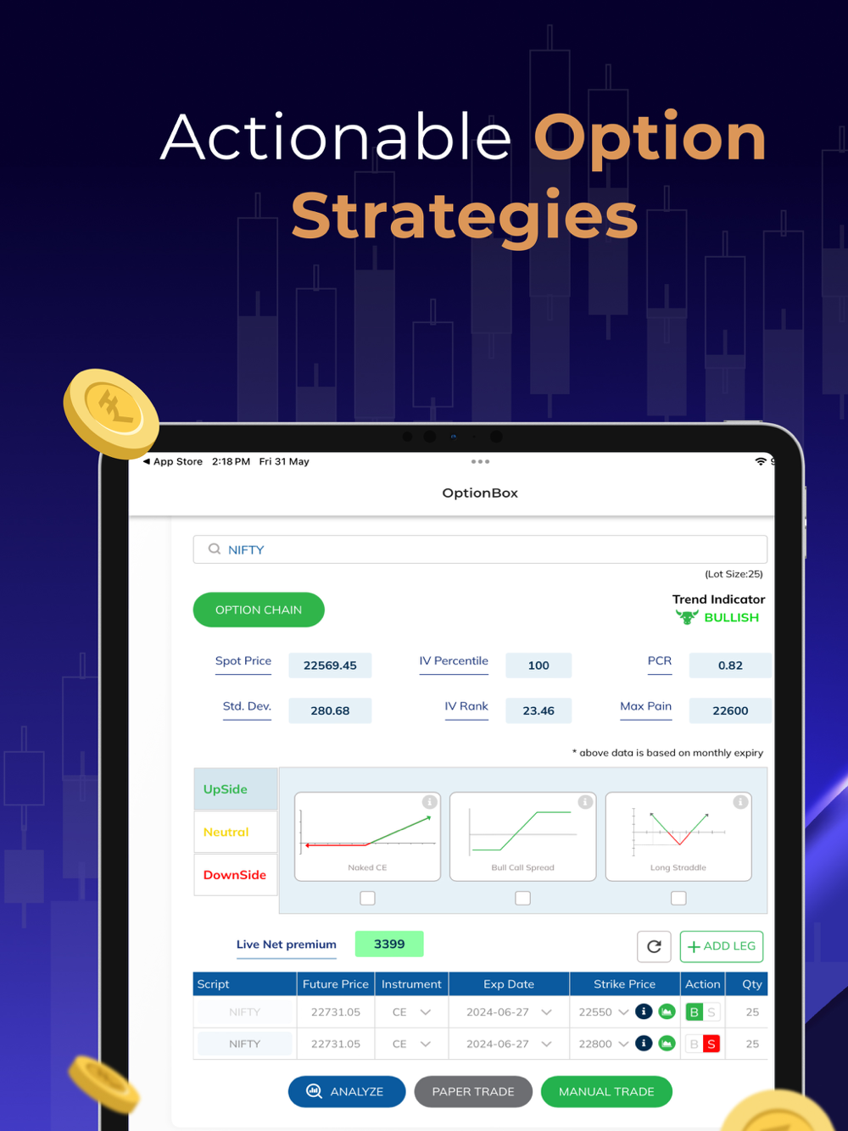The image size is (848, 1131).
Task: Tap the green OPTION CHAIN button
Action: (x=259, y=610)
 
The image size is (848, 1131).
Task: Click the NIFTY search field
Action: (x=480, y=549)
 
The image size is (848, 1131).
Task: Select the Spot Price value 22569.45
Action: (x=330, y=666)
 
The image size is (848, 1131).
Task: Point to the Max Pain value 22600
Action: (x=730, y=710)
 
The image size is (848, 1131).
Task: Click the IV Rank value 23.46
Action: (x=538, y=710)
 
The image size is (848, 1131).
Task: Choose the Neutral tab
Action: (x=236, y=832)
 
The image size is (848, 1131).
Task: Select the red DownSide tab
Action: (x=236, y=874)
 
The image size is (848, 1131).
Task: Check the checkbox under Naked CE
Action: (x=367, y=898)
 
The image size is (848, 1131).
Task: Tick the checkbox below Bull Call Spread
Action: (x=522, y=898)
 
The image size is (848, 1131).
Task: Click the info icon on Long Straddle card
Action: (x=740, y=802)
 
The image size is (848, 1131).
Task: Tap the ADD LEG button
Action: (x=722, y=946)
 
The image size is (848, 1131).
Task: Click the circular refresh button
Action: (x=654, y=946)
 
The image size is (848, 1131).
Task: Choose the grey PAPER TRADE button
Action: (x=473, y=1091)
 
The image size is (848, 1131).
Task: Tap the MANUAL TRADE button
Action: (x=606, y=1091)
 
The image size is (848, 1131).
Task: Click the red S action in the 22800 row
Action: (x=711, y=1044)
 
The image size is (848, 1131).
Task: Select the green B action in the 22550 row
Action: (x=694, y=1012)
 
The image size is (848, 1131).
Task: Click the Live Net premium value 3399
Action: (x=389, y=944)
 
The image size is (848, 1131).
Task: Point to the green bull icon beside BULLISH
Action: (x=687, y=616)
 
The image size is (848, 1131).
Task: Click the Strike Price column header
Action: (x=624, y=983)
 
